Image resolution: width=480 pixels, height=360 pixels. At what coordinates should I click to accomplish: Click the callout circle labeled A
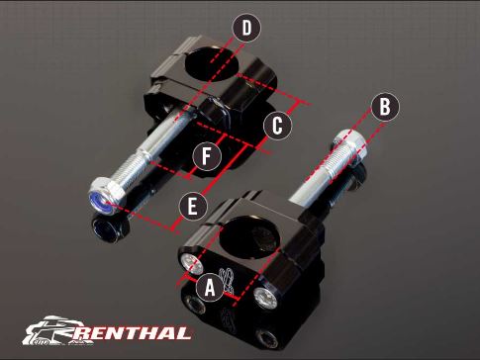(x=210, y=288)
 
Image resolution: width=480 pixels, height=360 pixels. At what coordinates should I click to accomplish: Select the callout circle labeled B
(x=385, y=107)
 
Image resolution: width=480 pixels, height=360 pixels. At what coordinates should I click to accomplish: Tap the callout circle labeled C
(x=277, y=126)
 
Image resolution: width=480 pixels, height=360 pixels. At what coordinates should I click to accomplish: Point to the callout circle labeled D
(x=246, y=28)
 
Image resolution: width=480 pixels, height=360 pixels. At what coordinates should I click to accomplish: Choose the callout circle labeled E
(x=193, y=207)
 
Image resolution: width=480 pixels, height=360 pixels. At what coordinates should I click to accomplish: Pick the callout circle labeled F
(x=207, y=156)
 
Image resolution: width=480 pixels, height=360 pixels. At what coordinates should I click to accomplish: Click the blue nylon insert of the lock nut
(x=100, y=202)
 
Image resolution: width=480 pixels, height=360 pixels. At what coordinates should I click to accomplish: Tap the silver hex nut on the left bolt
(x=107, y=197)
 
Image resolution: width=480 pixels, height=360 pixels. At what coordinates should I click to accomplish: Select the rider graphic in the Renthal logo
(x=49, y=330)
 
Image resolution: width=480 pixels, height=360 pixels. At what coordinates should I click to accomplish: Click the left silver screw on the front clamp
(x=191, y=264)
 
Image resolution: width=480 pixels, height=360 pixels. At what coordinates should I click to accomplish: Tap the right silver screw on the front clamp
(x=266, y=299)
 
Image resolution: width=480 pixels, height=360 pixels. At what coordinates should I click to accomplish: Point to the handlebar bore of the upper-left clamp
(x=212, y=63)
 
